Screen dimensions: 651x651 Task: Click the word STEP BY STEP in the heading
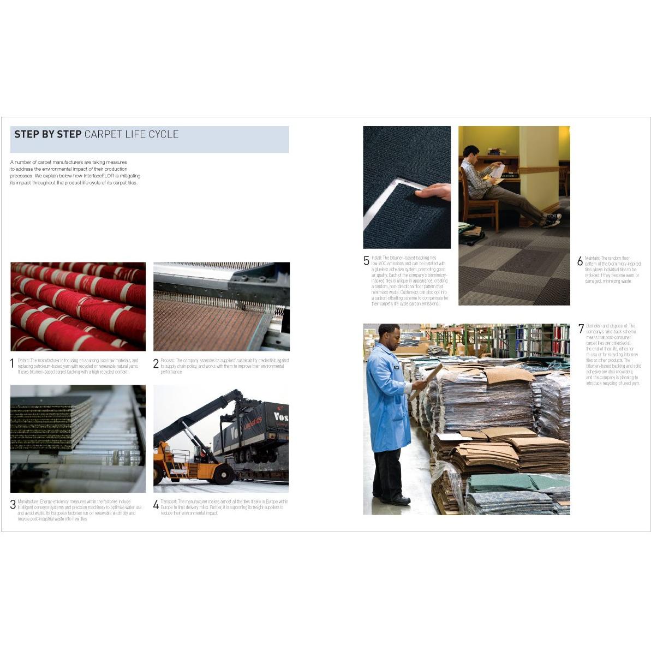[x=48, y=134]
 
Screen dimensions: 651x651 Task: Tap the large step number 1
[x=13, y=363]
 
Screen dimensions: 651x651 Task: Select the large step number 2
[x=156, y=363]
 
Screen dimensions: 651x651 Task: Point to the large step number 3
[x=13, y=505]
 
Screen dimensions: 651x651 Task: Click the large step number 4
[x=156, y=505]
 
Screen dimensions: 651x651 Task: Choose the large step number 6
[x=580, y=261]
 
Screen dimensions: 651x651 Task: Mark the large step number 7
[x=581, y=329]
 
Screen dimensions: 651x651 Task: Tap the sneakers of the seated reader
[x=552, y=220]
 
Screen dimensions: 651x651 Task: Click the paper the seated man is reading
[x=498, y=171]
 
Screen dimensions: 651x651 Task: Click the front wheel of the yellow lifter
[x=223, y=474]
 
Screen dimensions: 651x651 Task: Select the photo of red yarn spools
[x=78, y=306]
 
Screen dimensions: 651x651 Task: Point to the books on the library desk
[x=496, y=151]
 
